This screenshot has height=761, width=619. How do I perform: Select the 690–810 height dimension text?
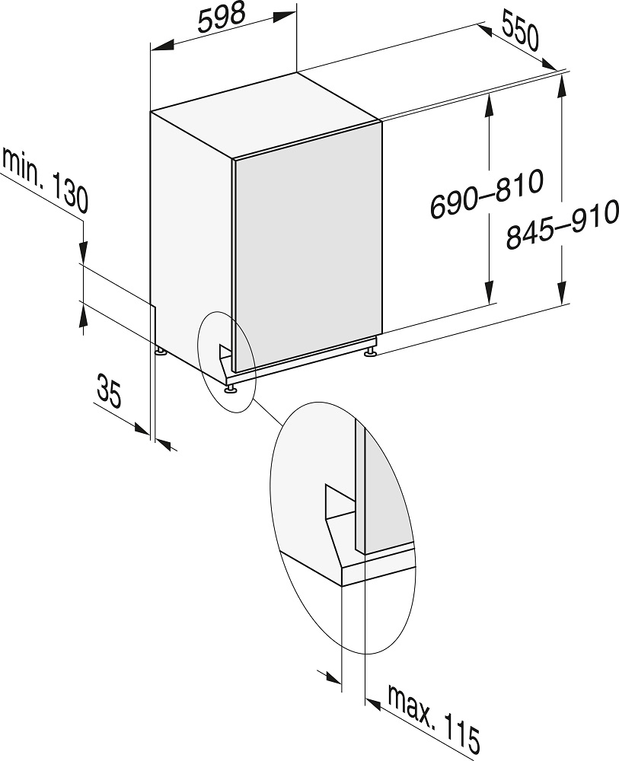(487, 193)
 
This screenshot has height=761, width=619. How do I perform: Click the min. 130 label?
(45, 180)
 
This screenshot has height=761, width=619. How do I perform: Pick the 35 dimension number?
(109, 389)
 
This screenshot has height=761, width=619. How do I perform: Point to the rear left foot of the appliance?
(160, 350)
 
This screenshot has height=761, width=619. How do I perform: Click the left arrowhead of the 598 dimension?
(162, 46)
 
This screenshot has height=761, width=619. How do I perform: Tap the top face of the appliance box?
(265, 115)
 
